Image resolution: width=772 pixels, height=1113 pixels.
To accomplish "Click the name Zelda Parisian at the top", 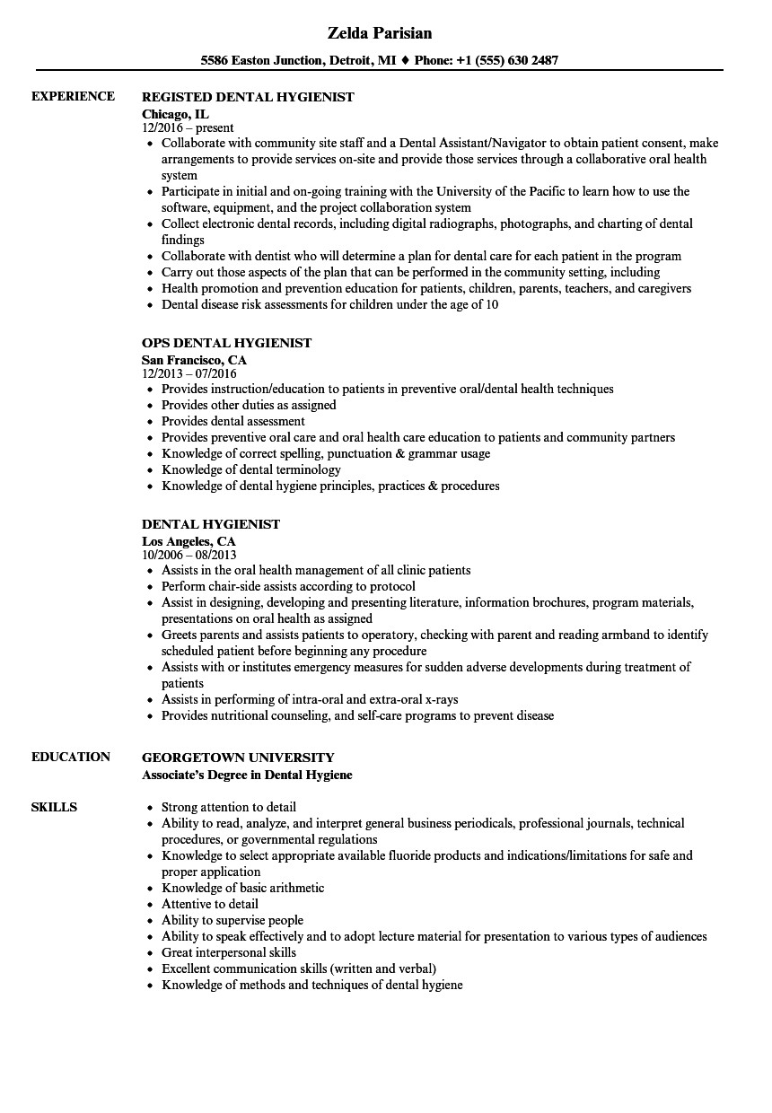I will click(379, 33).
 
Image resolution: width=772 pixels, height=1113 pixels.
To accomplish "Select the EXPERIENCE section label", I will click(73, 96).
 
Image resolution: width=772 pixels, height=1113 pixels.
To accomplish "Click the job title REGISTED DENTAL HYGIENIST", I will click(248, 97).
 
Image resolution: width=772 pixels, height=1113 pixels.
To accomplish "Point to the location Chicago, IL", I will click(175, 113).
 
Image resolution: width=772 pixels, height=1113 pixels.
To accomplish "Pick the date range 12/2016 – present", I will click(188, 128).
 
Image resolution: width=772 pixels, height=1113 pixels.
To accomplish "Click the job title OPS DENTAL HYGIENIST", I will click(226, 343).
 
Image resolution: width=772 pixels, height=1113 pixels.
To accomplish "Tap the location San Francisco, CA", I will click(194, 359).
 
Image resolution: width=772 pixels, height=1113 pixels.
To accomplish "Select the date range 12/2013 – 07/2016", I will click(189, 373).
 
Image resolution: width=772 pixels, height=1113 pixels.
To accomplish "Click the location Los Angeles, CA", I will click(189, 540).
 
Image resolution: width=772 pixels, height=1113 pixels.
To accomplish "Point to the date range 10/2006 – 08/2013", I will click(189, 555).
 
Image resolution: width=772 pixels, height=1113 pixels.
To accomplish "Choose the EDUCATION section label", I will click(71, 757).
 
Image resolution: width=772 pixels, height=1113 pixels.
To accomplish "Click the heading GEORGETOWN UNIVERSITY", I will click(238, 758).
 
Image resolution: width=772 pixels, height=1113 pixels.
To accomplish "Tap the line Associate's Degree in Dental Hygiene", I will click(247, 774).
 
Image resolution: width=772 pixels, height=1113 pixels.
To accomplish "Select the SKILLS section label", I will click(54, 807).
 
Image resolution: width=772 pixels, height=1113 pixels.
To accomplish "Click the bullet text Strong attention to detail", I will click(228, 807).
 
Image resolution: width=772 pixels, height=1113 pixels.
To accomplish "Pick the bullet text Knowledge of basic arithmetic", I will click(242, 888).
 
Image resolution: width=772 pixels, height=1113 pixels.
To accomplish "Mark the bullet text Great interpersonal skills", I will click(228, 952).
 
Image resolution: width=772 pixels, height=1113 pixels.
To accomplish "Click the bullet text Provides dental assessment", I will click(232, 421).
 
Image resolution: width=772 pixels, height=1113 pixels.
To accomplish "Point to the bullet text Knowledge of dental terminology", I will click(250, 469).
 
